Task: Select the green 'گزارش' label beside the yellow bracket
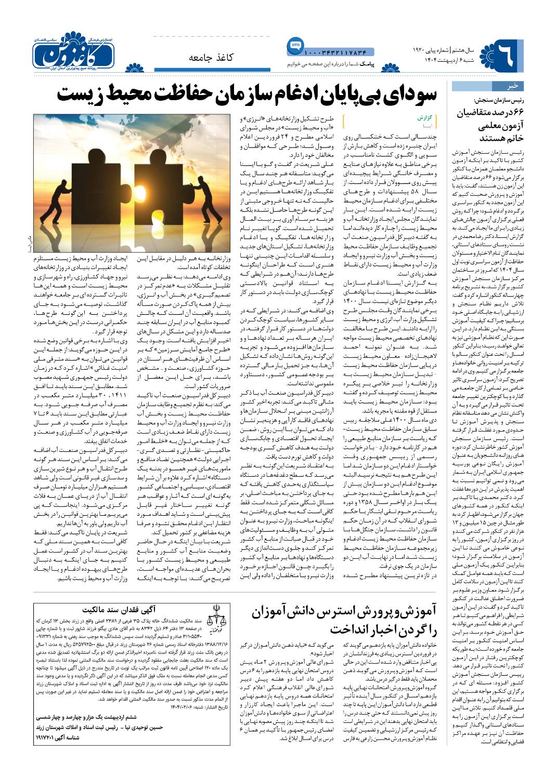[425, 117]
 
